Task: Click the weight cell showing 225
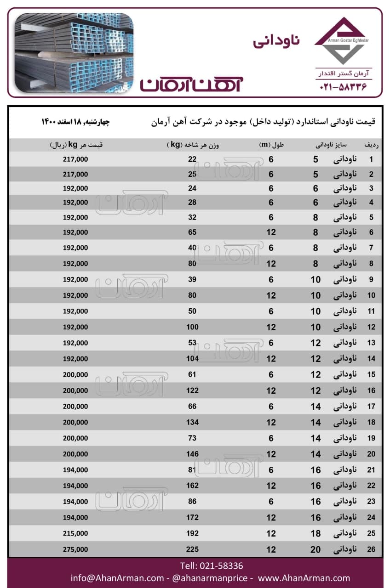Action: point(192,549)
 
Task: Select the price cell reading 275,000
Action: point(75,549)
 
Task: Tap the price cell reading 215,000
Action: point(75,533)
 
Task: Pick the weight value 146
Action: point(192,454)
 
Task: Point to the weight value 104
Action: point(192,358)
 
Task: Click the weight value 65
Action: point(192,232)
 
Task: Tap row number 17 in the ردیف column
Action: point(371,406)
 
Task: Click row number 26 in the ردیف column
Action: point(371,549)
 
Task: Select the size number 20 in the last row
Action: point(315,549)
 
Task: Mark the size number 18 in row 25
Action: point(315,533)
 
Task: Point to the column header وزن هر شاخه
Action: point(193,145)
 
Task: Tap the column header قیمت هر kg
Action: point(76,145)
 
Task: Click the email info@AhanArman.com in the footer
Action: point(117,578)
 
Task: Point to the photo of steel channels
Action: point(74,53)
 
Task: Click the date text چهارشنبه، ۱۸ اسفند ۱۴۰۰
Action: point(76,122)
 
